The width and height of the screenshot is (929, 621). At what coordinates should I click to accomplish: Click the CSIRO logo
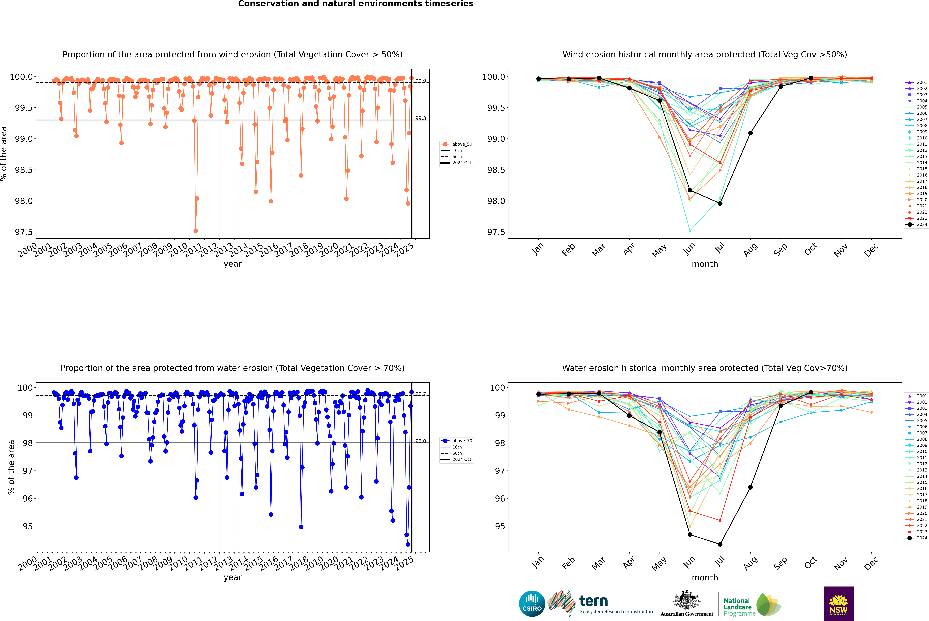pos(532,604)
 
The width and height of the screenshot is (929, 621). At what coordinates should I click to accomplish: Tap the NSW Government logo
pos(838,604)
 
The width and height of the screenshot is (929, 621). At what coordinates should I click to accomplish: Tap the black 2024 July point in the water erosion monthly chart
pos(720,544)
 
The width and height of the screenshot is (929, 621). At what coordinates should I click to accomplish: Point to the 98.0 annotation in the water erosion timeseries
pos(421,441)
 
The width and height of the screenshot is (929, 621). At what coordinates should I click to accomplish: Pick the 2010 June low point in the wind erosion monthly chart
pos(690,230)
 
